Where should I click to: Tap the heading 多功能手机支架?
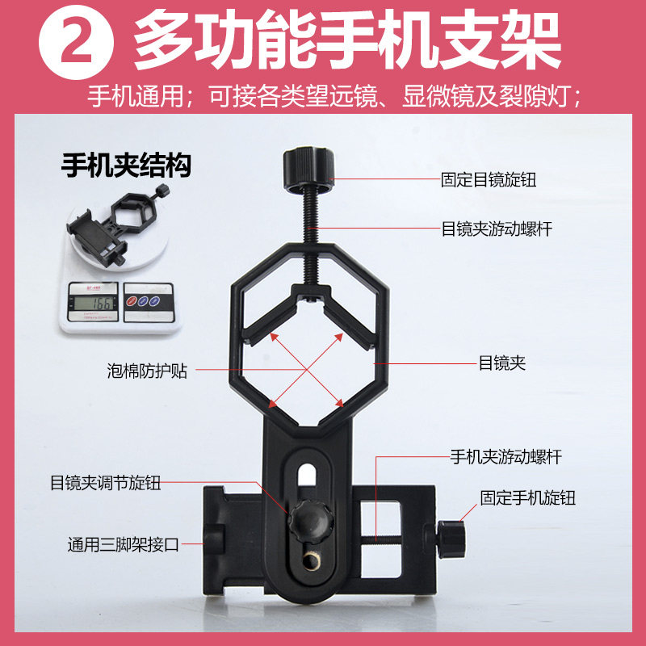point(347,39)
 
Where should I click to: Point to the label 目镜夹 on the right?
point(501,363)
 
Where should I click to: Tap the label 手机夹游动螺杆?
point(505,457)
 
